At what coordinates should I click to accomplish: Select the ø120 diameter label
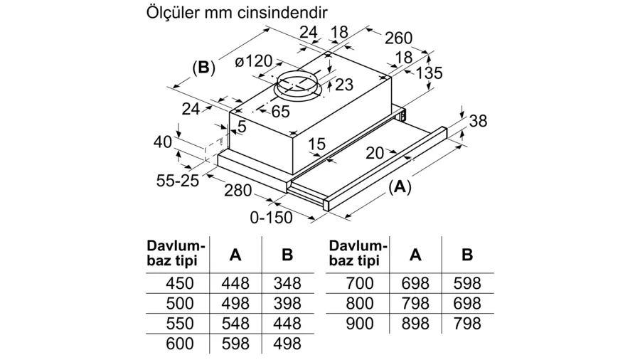tap(254, 62)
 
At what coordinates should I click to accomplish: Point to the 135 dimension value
tap(429, 73)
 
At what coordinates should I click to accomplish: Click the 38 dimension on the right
tap(479, 121)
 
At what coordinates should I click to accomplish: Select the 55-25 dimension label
tap(178, 181)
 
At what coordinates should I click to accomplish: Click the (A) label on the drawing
tap(400, 186)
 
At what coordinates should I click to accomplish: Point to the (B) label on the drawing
tap(203, 68)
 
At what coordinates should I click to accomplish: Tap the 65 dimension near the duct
tap(280, 111)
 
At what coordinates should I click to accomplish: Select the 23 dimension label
tap(343, 85)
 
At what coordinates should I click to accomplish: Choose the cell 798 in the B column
tap(467, 323)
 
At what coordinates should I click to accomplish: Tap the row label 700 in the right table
tap(359, 282)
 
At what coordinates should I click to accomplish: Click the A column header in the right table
tap(416, 254)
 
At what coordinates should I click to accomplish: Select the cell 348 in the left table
tap(287, 282)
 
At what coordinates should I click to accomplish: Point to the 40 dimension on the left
tap(164, 142)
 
